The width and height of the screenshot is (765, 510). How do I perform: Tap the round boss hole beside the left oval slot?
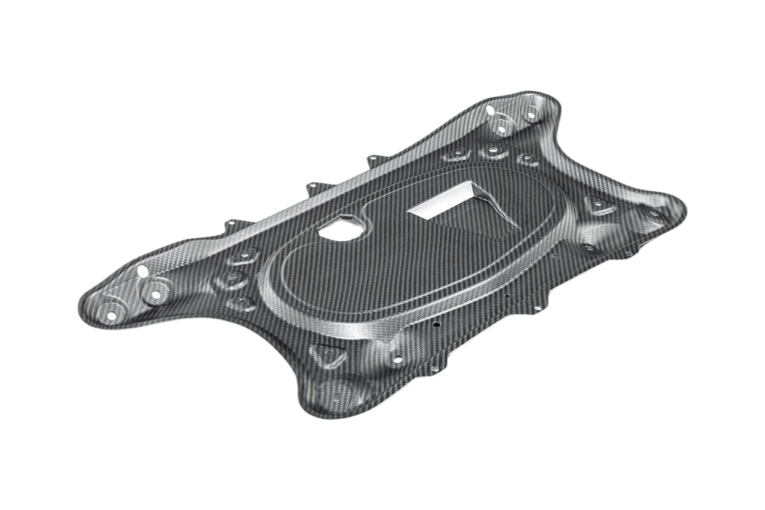(x=155, y=295)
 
